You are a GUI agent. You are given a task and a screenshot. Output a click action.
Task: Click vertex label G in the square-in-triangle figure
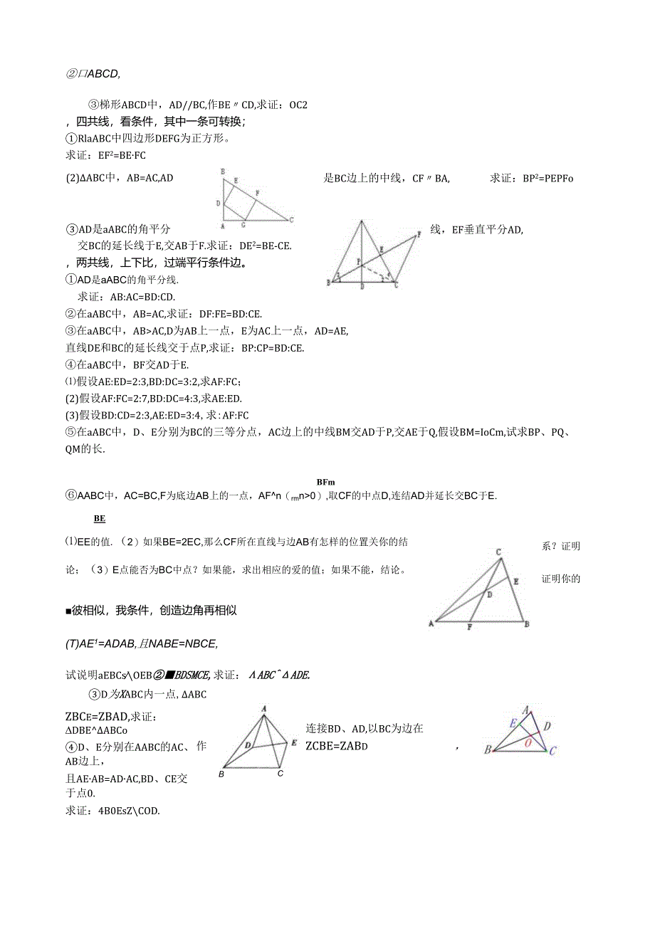pyautogui.click(x=243, y=226)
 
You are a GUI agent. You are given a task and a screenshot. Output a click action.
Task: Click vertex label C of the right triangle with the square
pyautogui.click(x=292, y=219)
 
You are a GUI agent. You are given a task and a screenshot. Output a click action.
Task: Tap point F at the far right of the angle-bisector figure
pyautogui.click(x=419, y=233)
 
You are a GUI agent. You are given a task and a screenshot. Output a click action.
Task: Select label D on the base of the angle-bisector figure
pyautogui.click(x=362, y=287)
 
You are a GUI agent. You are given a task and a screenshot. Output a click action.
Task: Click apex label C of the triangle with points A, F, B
pyautogui.click(x=499, y=552)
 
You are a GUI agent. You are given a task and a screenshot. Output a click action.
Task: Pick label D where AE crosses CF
pyautogui.click(x=488, y=593)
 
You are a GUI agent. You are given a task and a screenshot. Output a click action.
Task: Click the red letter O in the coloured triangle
pyautogui.click(x=528, y=741)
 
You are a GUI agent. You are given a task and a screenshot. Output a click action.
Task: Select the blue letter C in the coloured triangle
pyautogui.click(x=552, y=751)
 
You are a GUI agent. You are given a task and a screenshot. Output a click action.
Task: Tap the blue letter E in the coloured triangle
pyautogui.click(x=512, y=722)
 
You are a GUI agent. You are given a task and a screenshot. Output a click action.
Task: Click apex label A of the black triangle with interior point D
pyautogui.click(x=264, y=708)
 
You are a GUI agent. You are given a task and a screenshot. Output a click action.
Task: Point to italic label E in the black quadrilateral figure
pyautogui.click(x=293, y=742)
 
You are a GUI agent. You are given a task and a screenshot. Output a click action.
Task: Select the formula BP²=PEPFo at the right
pyautogui.click(x=531, y=178)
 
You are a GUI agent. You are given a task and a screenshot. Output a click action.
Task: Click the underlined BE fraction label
pyautogui.click(x=100, y=519)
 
